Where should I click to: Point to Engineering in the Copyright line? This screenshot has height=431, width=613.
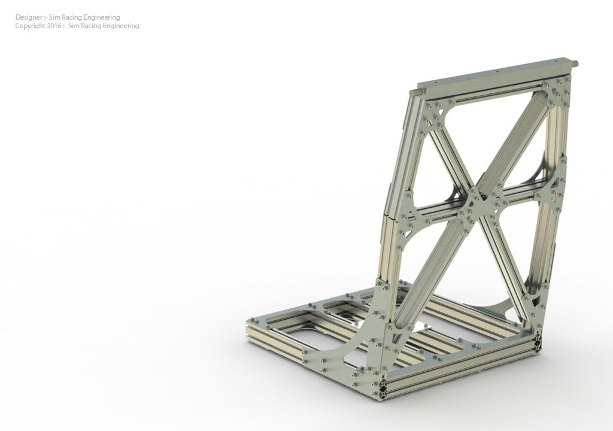click(x=119, y=26)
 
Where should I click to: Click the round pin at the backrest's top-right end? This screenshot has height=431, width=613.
click(x=575, y=63)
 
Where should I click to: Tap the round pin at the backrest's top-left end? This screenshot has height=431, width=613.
click(x=412, y=93)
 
